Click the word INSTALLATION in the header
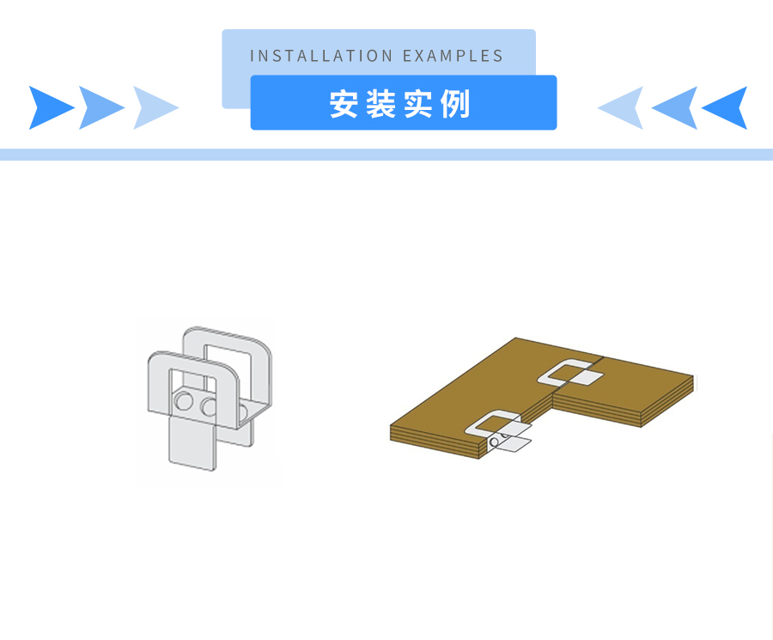pyautogui.click(x=321, y=56)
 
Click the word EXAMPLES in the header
pyautogui.click(x=453, y=56)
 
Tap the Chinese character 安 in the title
pyautogui.click(x=344, y=104)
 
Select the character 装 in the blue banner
pyautogui.click(x=381, y=104)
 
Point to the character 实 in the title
pyautogui.click(x=418, y=104)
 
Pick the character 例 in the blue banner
pyautogui.click(x=455, y=104)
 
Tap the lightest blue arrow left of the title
pyautogui.click(x=154, y=107)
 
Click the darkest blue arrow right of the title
pyautogui.click(x=727, y=107)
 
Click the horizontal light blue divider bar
pyautogui.click(x=386, y=155)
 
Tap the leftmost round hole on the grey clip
pyautogui.click(x=184, y=400)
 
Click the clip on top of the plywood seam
pyautogui.click(x=570, y=373)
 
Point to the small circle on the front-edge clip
pyautogui.click(x=494, y=442)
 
